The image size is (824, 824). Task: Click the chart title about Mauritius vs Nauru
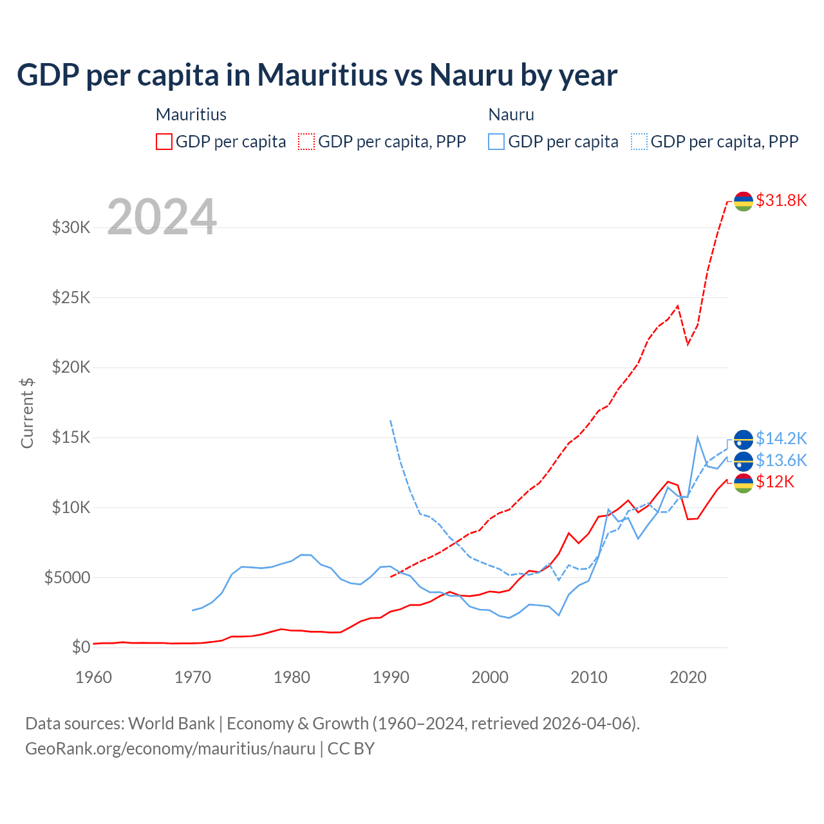pyautogui.click(x=317, y=75)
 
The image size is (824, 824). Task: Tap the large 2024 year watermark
pyautogui.click(x=162, y=217)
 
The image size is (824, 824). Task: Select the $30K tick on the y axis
pyautogui.click(x=71, y=227)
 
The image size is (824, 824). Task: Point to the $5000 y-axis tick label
pyautogui.click(x=67, y=577)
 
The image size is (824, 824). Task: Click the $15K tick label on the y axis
pyautogui.click(x=71, y=438)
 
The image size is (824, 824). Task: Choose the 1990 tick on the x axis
pyautogui.click(x=391, y=677)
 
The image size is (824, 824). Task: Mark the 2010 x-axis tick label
pyautogui.click(x=589, y=677)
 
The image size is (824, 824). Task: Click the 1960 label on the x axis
pyautogui.click(x=94, y=677)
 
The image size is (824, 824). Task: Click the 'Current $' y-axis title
pyautogui.click(x=27, y=413)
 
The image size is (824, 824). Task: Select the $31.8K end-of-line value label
pyautogui.click(x=781, y=200)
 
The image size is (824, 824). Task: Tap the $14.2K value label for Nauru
pyautogui.click(x=781, y=438)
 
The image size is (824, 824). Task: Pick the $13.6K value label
pyautogui.click(x=781, y=460)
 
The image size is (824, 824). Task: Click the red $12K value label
pyautogui.click(x=775, y=482)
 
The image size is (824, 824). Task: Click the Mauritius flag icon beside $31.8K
pyautogui.click(x=744, y=201)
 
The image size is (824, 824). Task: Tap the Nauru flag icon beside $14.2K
pyautogui.click(x=744, y=439)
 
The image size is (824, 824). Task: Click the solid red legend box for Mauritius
pyautogui.click(x=164, y=142)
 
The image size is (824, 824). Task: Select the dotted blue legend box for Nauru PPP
pyautogui.click(x=639, y=142)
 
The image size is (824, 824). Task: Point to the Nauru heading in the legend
pyautogui.click(x=511, y=115)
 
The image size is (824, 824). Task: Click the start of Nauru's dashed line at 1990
pyautogui.click(x=391, y=420)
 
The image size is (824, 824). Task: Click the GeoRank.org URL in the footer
pyautogui.click(x=170, y=749)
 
